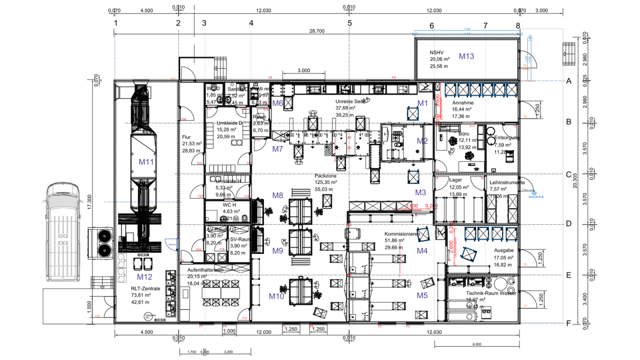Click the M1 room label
tap(422, 103)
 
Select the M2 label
tap(422, 141)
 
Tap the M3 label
tap(420, 192)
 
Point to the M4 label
tap(422, 251)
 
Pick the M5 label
tap(422, 295)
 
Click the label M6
tap(277, 103)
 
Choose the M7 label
tap(277, 149)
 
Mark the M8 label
tap(277, 195)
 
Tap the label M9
tap(277, 251)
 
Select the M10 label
tap(276, 296)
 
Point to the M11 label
tap(146, 162)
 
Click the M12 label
tap(144, 277)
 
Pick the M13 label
tap(466, 56)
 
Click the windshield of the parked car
tap(63, 201)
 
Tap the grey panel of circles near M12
tap(121, 268)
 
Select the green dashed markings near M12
tap(172, 292)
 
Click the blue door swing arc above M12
tap(172, 244)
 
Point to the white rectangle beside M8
tap(300, 192)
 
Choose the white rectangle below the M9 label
tap(300, 261)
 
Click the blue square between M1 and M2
tap(412, 114)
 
